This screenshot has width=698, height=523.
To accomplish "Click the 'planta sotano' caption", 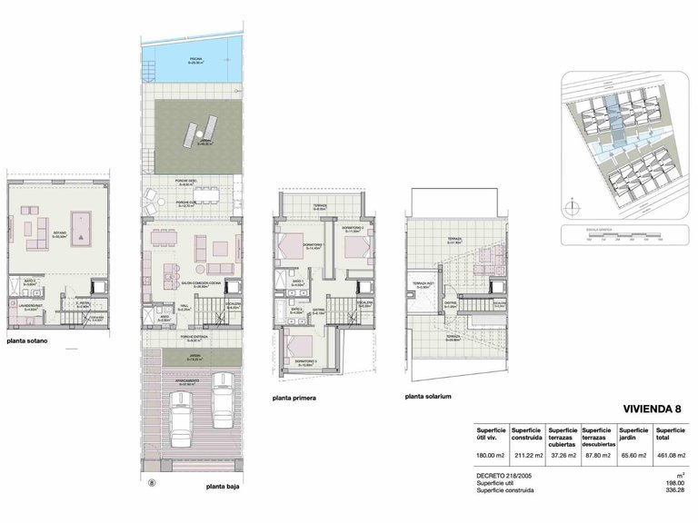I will (x=31, y=343).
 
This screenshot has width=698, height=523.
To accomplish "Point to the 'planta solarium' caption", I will (x=430, y=397).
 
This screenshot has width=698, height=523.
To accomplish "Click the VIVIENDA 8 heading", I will (x=651, y=410).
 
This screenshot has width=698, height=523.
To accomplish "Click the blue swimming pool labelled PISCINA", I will (x=194, y=63).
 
